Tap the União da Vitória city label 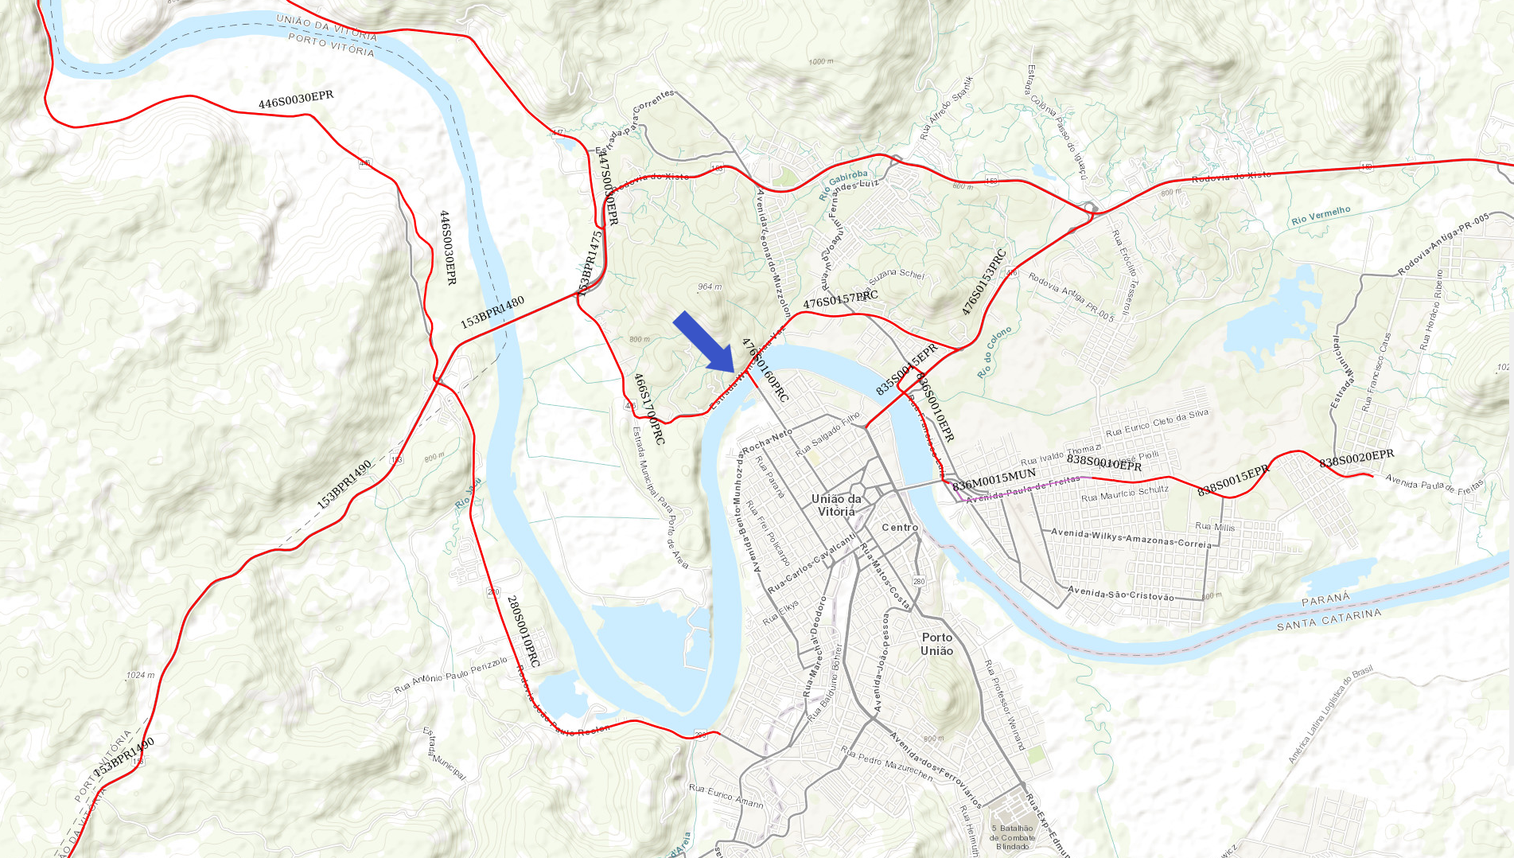coord(836,505)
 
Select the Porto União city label coord(937,644)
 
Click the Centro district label coord(900,528)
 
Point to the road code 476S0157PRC coord(840,299)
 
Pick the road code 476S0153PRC coord(984,283)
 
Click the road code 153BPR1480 coord(492,312)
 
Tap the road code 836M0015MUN coord(994,479)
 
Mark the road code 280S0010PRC coord(523,631)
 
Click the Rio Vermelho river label coord(1321,215)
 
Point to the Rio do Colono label coord(994,351)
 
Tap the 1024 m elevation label coord(140,675)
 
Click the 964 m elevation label coord(710,287)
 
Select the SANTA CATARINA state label coord(1329,619)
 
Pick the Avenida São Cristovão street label coord(1120,593)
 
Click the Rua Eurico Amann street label coord(726,795)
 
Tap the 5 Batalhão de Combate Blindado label coord(1013,837)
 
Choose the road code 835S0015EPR coord(907,369)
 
